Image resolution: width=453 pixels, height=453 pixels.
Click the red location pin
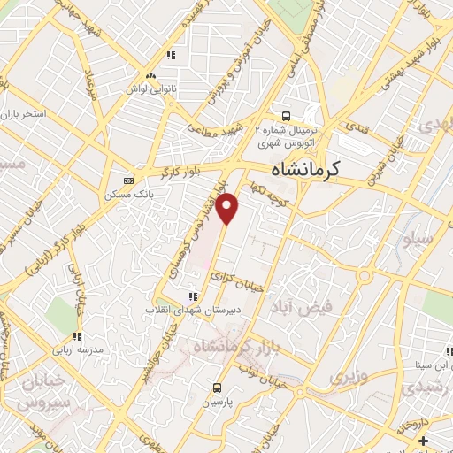[227, 207]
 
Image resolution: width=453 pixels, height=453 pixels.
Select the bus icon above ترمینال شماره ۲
[285, 115]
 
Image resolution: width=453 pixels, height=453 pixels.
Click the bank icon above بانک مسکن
[130, 180]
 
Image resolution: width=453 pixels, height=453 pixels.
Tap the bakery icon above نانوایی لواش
[151, 75]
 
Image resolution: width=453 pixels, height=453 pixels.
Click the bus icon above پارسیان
[216, 388]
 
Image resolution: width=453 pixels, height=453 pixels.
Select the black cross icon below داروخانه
[423, 441]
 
